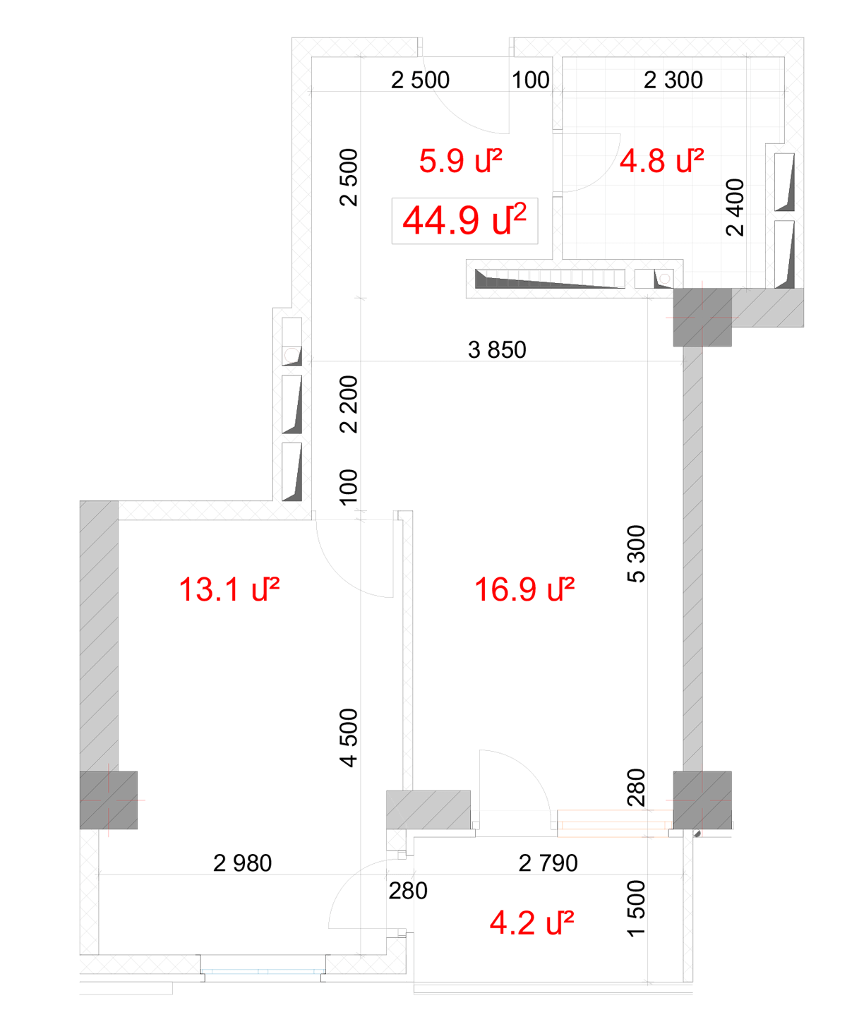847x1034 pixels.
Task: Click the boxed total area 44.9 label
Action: coord(464,220)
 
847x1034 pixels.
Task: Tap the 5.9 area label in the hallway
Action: coord(460,160)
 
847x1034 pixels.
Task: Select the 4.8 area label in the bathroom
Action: coord(661,160)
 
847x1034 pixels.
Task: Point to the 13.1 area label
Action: coord(229,589)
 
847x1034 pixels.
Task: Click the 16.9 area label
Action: coord(524,589)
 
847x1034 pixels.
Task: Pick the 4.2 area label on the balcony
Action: coord(531,922)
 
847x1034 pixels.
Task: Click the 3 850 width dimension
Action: coord(497,349)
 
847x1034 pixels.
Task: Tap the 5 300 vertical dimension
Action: coord(636,553)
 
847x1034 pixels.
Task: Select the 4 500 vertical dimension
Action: coord(348,738)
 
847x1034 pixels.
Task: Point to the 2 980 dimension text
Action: coord(242,863)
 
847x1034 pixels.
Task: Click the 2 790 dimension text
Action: coord(548,863)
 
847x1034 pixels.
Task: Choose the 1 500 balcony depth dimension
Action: coord(636,908)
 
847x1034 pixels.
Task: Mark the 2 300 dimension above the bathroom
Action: coord(673,80)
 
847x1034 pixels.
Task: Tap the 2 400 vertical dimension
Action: coord(735,208)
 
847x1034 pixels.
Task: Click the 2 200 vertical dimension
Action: coord(348,404)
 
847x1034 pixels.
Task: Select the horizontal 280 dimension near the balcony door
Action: coord(407,890)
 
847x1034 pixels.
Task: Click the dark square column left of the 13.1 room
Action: coord(109,800)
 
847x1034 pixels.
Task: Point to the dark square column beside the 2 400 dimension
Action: coord(702,317)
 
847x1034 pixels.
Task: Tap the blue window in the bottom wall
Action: coord(263,971)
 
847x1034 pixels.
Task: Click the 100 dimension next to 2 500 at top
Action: coord(530,80)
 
